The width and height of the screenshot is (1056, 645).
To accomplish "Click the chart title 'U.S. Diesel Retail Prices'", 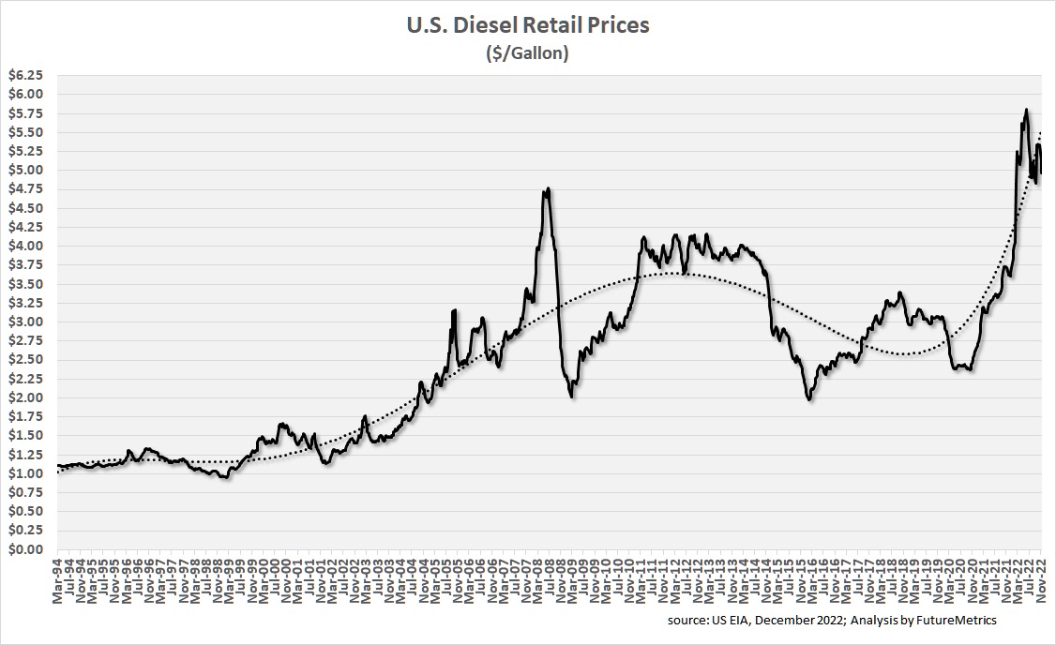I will tap(528, 25).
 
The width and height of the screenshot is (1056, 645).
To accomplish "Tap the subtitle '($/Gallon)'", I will tap(528, 53).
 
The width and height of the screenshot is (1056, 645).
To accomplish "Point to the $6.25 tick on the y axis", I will tap(25, 75).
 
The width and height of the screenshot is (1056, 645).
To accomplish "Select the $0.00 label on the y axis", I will tap(25, 549).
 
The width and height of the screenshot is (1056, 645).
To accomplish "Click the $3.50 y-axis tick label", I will tap(25, 284).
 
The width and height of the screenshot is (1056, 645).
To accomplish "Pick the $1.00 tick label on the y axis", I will tap(25, 473).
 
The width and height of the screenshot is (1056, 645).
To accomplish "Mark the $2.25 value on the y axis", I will tap(25, 379).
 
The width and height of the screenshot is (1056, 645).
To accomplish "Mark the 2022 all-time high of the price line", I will tap(1026, 110).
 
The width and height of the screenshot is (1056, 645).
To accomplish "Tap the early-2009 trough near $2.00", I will tap(572, 397).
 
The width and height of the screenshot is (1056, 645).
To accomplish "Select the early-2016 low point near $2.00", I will tap(808, 399).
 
